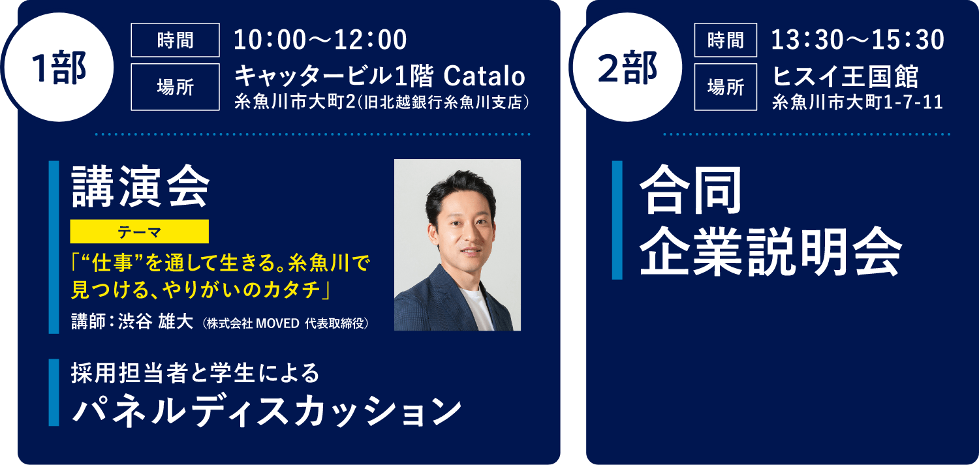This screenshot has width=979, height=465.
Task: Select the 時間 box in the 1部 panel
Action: (175, 40)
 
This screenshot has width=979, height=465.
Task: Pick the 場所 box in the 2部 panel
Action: (726, 87)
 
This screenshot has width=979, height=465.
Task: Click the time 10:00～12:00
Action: (320, 40)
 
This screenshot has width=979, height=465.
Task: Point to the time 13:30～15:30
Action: (858, 40)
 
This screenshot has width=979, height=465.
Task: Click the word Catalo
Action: (484, 77)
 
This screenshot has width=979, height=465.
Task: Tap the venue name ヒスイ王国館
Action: (845, 77)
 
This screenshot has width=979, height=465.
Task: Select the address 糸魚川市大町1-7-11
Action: (857, 102)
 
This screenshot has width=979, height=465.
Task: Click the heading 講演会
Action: (140, 187)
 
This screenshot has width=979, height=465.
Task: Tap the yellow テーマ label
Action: (139, 232)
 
